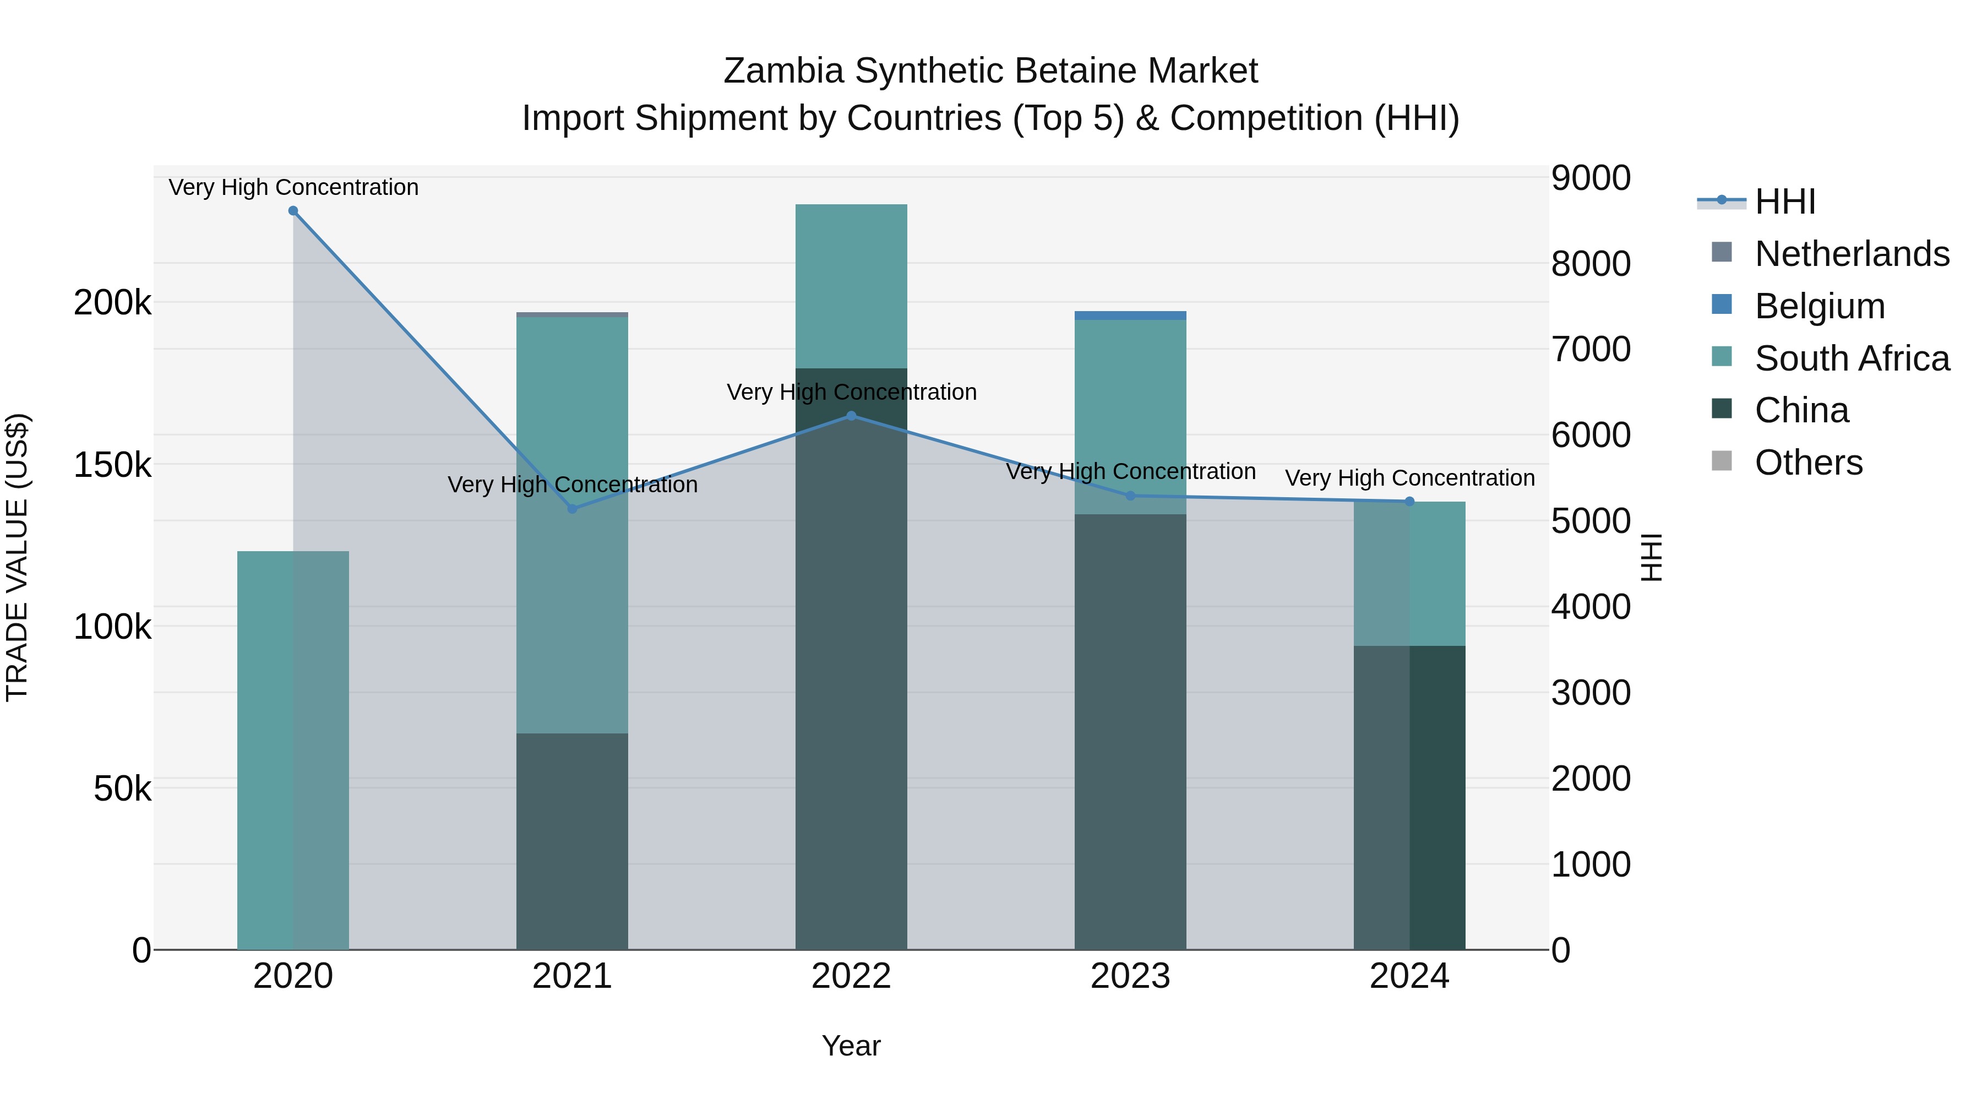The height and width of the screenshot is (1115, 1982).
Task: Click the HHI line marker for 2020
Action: tap(293, 211)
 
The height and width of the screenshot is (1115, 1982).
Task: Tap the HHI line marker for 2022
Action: tap(851, 416)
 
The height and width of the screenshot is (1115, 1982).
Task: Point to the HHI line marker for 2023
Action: tap(1130, 496)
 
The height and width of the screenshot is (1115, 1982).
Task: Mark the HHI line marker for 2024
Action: tap(1409, 502)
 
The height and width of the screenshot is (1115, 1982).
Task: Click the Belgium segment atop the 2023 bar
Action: tap(1130, 316)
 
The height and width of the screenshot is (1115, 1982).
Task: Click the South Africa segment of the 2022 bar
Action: tap(851, 286)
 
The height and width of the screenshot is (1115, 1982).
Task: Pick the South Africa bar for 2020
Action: tap(293, 750)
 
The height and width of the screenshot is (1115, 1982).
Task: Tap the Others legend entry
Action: tap(1808, 463)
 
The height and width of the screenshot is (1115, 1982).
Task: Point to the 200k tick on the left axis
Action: tap(112, 302)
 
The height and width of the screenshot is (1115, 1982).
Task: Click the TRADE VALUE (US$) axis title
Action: tap(17, 557)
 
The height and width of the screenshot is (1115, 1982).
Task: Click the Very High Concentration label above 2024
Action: tap(1409, 478)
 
